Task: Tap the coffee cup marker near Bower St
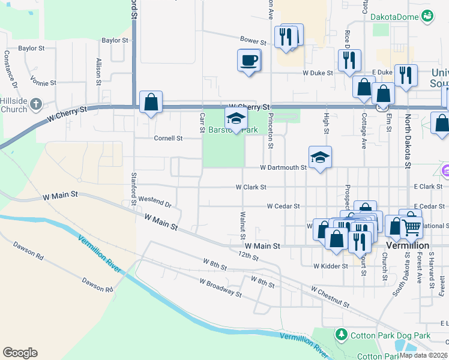(249, 61)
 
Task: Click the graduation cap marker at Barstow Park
(236, 118)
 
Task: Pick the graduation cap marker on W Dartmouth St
(320, 158)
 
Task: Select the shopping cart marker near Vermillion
(411, 227)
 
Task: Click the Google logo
(20, 353)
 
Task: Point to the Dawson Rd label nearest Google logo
(97, 284)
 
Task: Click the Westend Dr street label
(155, 200)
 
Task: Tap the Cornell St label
(168, 138)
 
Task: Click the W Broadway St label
(220, 287)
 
